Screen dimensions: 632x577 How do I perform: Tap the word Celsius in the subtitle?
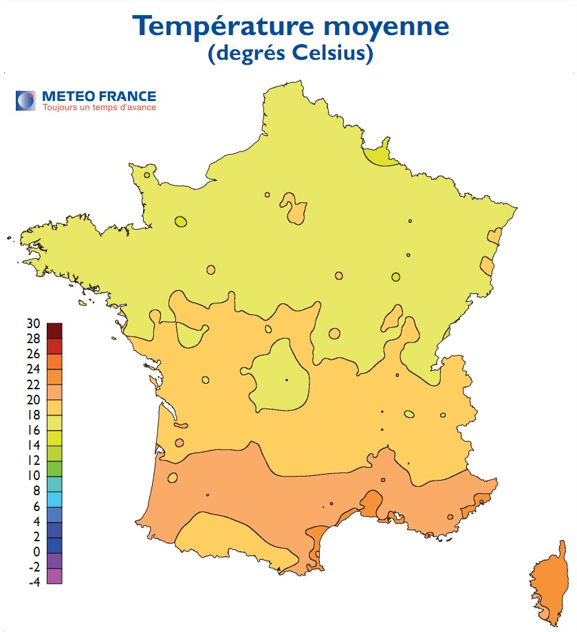coord(334,54)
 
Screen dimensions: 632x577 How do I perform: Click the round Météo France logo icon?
coord(26,100)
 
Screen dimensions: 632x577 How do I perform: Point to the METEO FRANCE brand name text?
coord(98,96)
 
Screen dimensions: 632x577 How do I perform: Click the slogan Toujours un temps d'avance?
coord(99,107)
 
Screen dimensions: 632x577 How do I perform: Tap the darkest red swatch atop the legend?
coord(55,331)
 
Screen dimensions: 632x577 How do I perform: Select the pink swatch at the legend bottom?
coord(55,576)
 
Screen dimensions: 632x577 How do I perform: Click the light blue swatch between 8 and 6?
coord(55,499)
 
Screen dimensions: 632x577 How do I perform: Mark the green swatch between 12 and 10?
coord(55,468)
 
